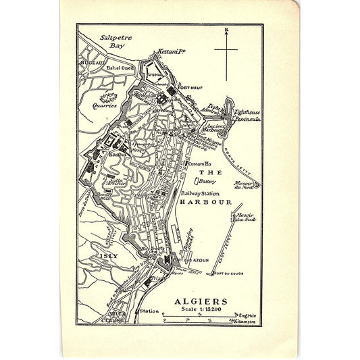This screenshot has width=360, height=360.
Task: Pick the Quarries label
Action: tap(105, 105)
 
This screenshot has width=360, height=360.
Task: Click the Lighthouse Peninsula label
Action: tap(246, 114)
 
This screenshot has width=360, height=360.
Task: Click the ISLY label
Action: tap(107, 257)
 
